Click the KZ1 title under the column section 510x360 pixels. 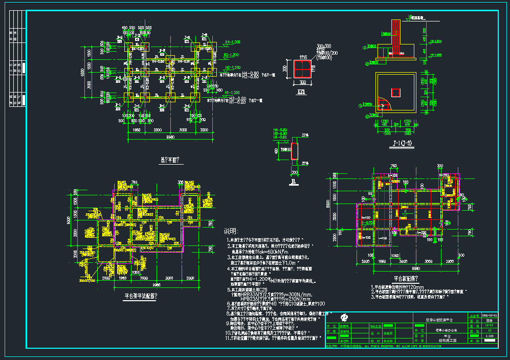(x=302, y=93)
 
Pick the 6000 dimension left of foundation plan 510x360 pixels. (x=82, y=72)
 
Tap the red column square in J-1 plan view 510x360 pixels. (x=395, y=93)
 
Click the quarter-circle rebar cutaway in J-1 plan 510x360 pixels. (x=383, y=104)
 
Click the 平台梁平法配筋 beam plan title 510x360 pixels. (x=141, y=296)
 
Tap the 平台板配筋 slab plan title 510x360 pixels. (x=406, y=279)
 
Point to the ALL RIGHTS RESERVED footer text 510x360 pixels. (x=389, y=346)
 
